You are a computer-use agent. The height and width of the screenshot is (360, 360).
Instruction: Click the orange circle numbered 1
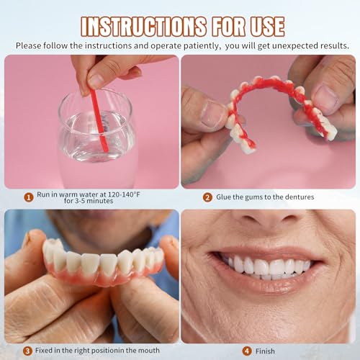coord(28,197)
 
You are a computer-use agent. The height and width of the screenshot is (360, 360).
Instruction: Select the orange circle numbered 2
coord(207,197)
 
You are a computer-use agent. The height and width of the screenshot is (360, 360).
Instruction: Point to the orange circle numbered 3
coord(28,351)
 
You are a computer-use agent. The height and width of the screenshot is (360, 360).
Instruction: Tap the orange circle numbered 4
coord(247,351)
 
